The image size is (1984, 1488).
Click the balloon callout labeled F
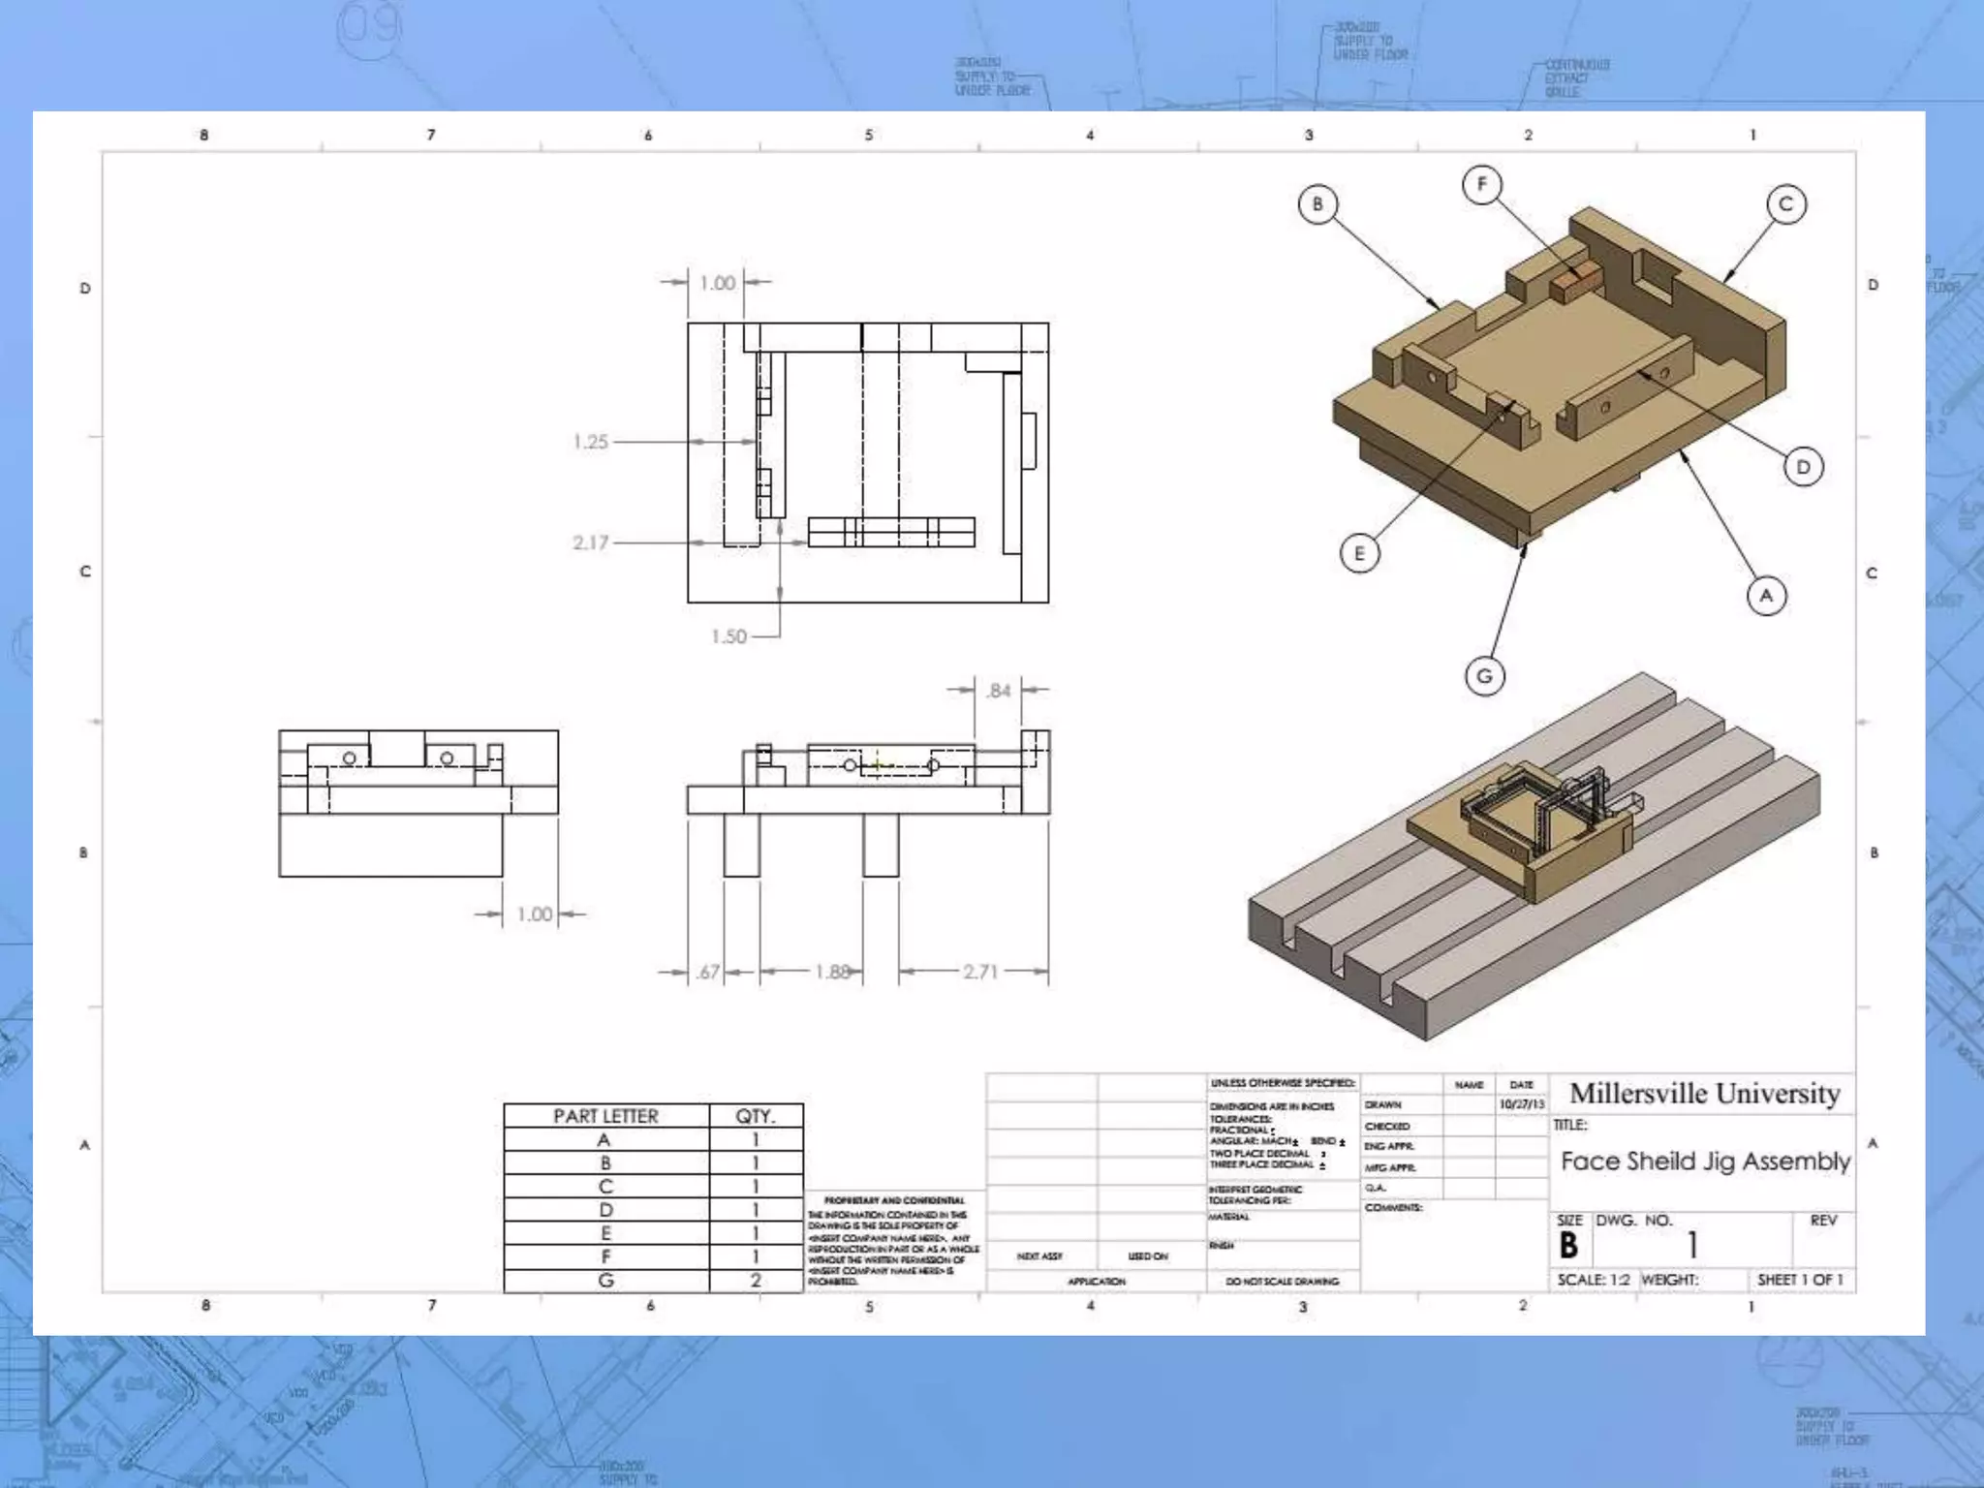point(1481,184)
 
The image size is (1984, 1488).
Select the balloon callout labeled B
point(1317,204)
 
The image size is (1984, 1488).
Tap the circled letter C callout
point(1786,204)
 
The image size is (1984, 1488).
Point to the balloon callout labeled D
point(1803,467)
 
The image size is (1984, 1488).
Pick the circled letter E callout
point(1359,553)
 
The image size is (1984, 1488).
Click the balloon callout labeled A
point(1766,595)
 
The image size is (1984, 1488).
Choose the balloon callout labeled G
point(1484,675)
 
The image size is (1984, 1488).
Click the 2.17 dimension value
point(590,542)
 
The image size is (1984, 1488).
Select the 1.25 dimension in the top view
point(590,442)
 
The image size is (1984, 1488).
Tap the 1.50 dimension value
point(728,636)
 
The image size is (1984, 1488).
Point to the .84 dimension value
point(998,691)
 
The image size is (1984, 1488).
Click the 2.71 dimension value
point(979,972)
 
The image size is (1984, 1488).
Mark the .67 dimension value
point(708,972)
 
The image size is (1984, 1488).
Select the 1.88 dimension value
point(832,972)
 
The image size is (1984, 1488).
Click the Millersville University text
point(1704,1094)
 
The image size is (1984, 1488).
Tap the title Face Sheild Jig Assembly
point(1705,1161)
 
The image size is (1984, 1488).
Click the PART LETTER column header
point(605,1116)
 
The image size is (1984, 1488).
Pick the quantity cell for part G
point(756,1280)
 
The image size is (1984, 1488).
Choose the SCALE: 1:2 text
point(1594,1280)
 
